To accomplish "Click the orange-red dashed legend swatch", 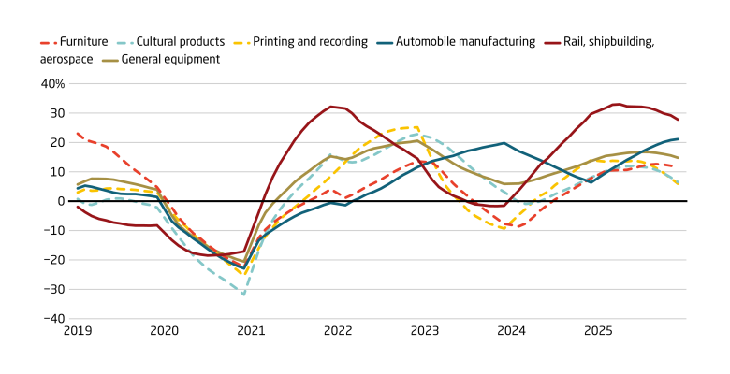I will pos(48,43).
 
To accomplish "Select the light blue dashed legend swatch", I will pos(124,43).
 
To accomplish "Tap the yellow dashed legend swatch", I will pos(241,43).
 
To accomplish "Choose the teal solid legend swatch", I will pos(385,43).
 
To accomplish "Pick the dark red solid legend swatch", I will pos(553,43).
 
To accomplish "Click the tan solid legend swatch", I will pos(110,61).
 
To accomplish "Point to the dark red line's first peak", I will pos(331,106).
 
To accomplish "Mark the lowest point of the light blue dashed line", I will pos(243,295).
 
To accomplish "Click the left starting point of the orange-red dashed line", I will pos(77,133).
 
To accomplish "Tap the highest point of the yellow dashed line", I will pos(415,126).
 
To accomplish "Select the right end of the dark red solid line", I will pos(679,120).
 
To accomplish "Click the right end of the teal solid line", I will pos(679,139).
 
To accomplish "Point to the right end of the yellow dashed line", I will pos(679,184).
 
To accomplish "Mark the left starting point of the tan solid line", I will pos(77,183).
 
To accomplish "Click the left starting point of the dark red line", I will pos(77,207).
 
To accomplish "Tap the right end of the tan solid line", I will pos(679,157).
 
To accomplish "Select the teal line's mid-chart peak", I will pos(504,143).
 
